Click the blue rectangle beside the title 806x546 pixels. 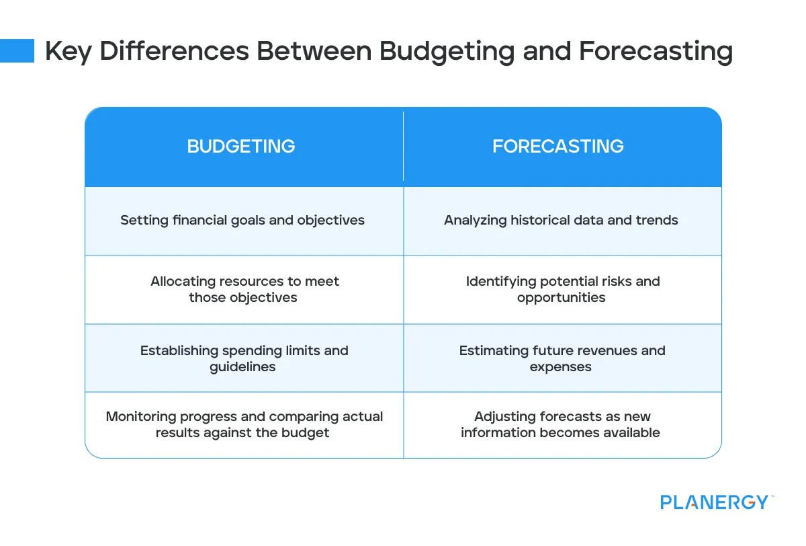click(x=17, y=50)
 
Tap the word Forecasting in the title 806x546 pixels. click(x=656, y=51)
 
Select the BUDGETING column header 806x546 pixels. click(x=241, y=147)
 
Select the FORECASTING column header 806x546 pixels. click(x=558, y=147)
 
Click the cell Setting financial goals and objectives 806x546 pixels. click(x=242, y=221)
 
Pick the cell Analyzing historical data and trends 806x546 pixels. click(x=561, y=221)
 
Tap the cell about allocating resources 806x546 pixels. click(x=244, y=289)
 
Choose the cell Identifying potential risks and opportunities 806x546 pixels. click(x=562, y=289)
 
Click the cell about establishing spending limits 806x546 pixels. click(x=244, y=358)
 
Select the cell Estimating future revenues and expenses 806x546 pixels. click(x=562, y=358)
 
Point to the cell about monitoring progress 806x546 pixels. click(x=244, y=424)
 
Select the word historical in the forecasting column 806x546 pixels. click(x=541, y=221)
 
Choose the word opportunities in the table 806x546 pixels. click(x=561, y=298)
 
